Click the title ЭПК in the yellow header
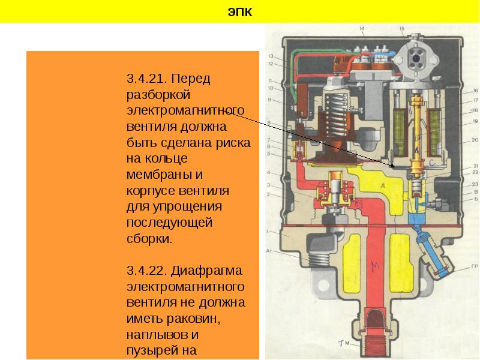(x=240, y=11)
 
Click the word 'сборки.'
(x=149, y=238)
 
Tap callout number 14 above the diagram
(x=362, y=29)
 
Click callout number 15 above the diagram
(x=401, y=29)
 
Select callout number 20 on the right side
(x=474, y=139)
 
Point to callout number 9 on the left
(x=270, y=100)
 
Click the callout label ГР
(x=474, y=266)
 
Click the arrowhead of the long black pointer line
(x=392, y=166)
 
